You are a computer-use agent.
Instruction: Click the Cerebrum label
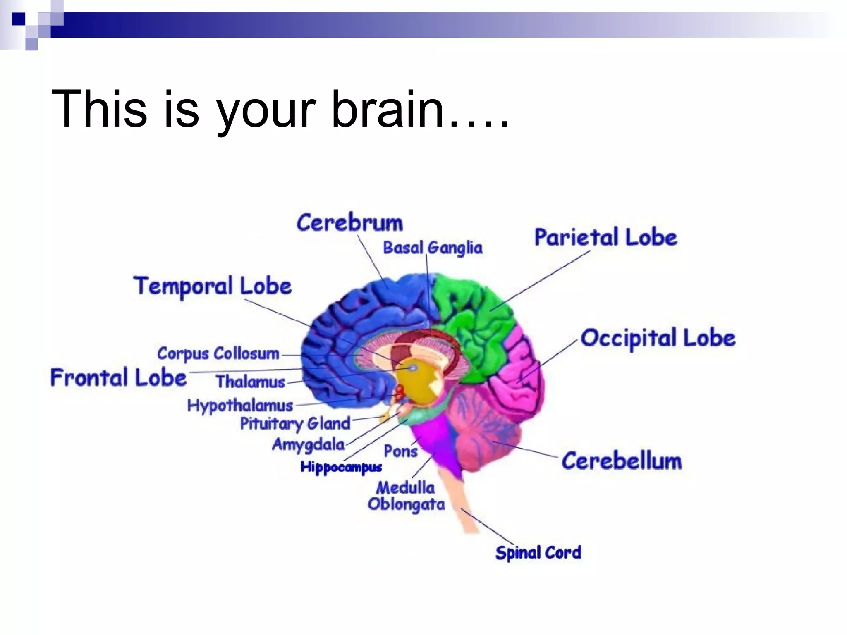[349, 223]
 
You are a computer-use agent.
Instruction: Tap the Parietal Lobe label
[605, 238]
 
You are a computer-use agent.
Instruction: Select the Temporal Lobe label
[213, 286]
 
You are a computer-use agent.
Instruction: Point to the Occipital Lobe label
[658, 338]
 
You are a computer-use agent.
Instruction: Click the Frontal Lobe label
[119, 378]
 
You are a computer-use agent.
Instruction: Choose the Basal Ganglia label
[433, 248]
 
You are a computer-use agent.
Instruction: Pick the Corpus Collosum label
[218, 354]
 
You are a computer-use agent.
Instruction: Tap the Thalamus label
[250, 382]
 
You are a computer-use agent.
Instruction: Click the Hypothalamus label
[240, 406]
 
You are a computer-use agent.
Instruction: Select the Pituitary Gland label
[295, 424]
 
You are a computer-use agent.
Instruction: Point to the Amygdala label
[308, 445]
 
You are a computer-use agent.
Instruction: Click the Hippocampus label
[341, 467]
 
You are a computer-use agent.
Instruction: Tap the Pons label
[400, 451]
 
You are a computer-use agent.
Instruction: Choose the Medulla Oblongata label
[406, 496]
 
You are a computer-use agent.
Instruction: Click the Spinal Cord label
[538, 553]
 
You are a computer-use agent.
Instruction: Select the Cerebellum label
[621, 461]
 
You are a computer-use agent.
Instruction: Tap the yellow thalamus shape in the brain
[416, 384]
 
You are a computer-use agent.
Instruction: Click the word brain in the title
[388, 110]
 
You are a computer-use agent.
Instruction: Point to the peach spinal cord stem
[465, 508]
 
